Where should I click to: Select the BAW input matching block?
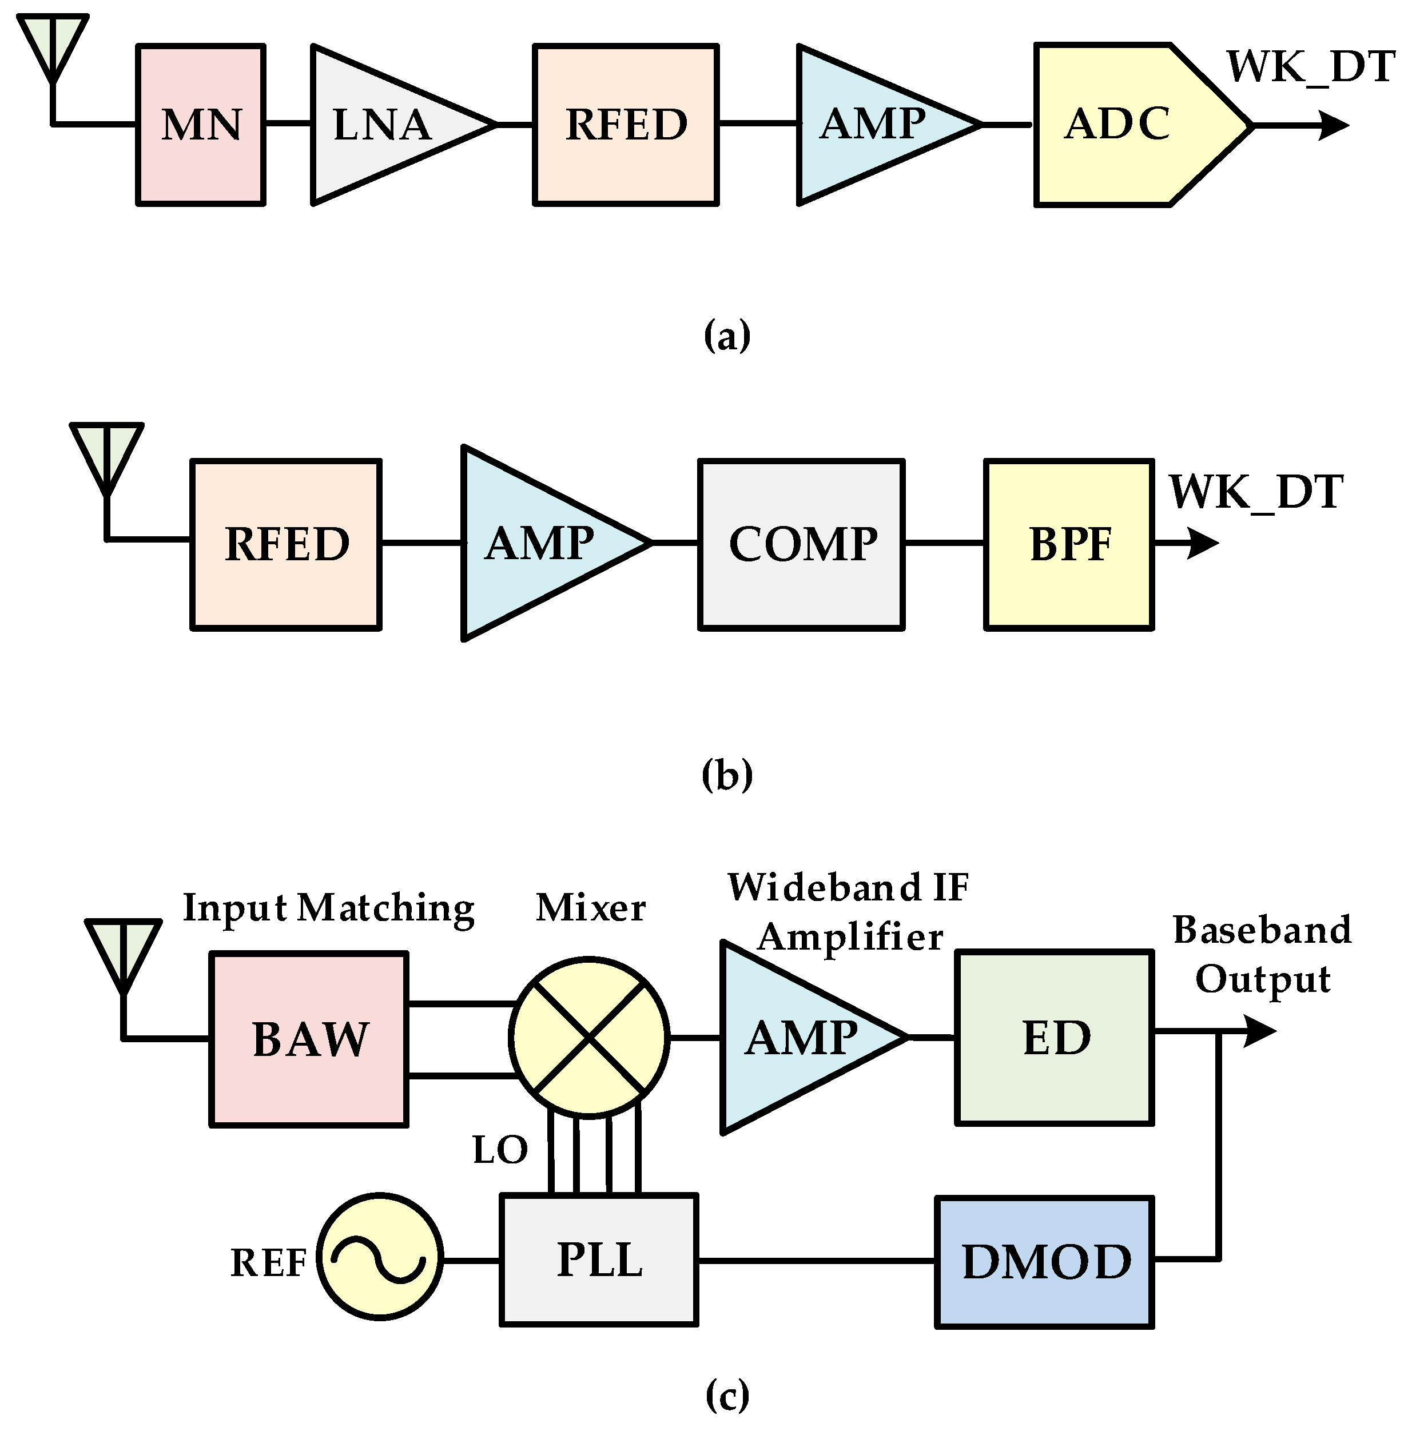coord(309,1039)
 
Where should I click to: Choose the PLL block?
coord(599,1260)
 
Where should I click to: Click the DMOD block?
coord(1044,1261)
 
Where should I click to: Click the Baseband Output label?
coord(1262,954)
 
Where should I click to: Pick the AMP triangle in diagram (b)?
coord(540,544)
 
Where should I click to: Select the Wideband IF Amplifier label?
coord(848,912)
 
